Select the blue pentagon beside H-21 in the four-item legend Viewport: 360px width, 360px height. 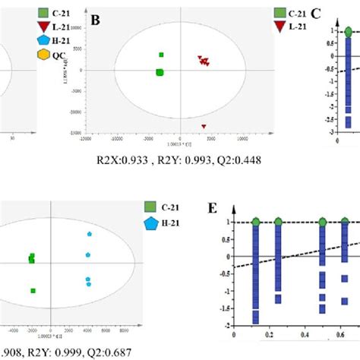(x=44, y=41)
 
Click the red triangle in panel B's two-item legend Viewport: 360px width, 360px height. (x=279, y=27)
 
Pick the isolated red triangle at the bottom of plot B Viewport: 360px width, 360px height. (x=204, y=127)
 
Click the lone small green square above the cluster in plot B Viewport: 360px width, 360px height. (x=161, y=55)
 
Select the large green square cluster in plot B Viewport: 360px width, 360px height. (x=159, y=73)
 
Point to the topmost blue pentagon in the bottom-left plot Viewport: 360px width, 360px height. (x=89, y=234)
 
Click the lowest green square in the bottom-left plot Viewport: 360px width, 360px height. (x=33, y=290)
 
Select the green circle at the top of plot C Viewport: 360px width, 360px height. (x=347, y=32)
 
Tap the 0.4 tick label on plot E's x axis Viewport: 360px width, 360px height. (x=303, y=333)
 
